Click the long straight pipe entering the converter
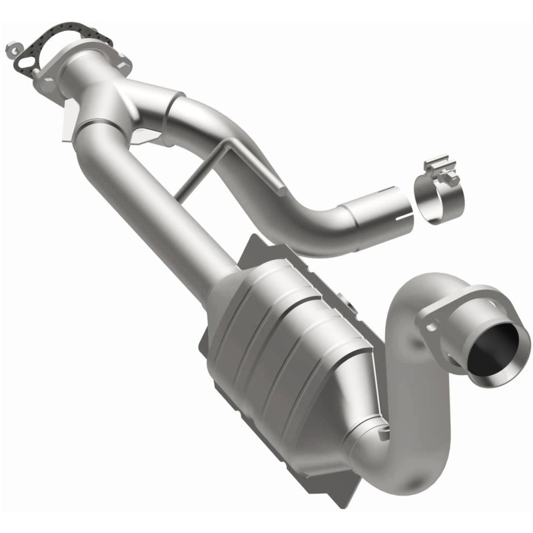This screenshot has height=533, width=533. pyautogui.click(x=153, y=200)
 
